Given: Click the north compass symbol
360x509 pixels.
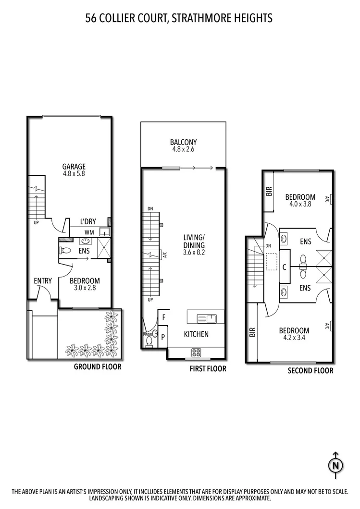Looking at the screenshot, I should tap(335, 464).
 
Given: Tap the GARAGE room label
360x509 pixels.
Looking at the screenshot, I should tap(74, 167).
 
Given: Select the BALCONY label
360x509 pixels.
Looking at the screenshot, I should tap(183, 142).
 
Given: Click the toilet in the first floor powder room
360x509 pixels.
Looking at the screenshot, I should tap(150, 341).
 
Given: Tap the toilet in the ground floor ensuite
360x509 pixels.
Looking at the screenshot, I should tap(66, 250).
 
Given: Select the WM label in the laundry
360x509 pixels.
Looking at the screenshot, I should tap(89, 232).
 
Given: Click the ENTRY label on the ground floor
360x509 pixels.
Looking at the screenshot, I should tap(43, 281).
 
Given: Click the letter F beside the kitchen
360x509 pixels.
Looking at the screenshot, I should tap(163, 317).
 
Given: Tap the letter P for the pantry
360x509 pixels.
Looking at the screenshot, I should tap(163, 337).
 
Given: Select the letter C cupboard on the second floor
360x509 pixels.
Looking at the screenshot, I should tap(285, 267).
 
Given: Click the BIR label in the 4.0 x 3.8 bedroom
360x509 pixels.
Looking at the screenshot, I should tap(269, 192).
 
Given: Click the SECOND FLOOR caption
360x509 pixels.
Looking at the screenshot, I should tap(310, 371).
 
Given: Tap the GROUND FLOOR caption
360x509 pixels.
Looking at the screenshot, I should tap(97, 367).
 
